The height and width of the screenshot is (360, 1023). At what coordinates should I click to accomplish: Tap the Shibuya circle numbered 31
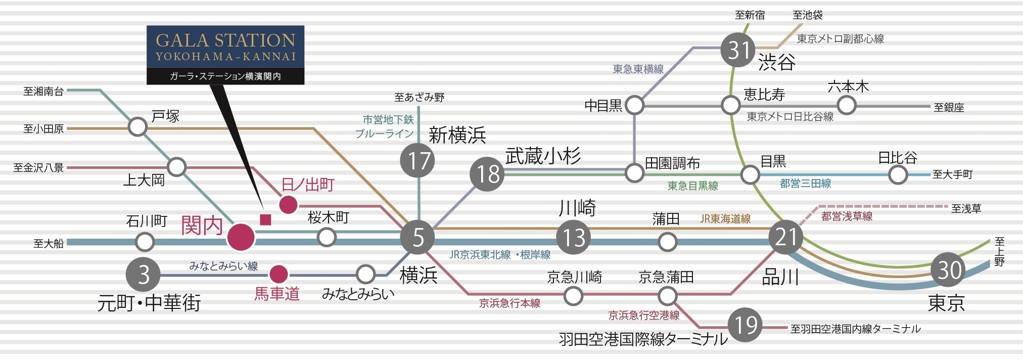(x=738, y=50)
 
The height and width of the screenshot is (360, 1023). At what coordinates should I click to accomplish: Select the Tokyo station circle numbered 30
(x=949, y=270)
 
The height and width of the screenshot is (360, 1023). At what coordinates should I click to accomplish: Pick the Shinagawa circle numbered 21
(x=785, y=237)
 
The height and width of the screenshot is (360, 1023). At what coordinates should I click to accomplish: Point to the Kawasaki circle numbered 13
(x=574, y=238)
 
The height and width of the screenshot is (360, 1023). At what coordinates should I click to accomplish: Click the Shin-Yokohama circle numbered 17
(x=417, y=161)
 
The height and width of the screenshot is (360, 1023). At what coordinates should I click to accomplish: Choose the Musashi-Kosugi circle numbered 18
(x=487, y=174)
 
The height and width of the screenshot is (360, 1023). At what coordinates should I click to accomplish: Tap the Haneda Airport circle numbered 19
(x=746, y=325)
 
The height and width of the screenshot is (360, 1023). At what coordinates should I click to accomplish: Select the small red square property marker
(x=265, y=219)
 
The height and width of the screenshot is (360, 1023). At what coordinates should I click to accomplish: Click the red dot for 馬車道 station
(x=278, y=275)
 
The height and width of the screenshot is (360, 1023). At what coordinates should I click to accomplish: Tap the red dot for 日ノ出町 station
(x=288, y=205)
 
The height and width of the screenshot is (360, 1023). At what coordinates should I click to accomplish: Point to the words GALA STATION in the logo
(x=225, y=40)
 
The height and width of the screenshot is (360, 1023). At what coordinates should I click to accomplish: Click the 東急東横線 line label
(x=638, y=69)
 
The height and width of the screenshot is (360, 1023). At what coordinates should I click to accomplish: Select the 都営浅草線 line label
(x=847, y=216)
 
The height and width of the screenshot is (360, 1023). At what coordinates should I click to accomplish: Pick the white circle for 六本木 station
(x=847, y=106)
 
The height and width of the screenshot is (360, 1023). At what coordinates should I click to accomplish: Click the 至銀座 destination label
(x=949, y=108)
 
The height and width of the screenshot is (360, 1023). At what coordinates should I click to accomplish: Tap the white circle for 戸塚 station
(x=137, y=127)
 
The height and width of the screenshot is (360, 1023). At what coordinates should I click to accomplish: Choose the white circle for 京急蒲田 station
(x=667, y=295)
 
